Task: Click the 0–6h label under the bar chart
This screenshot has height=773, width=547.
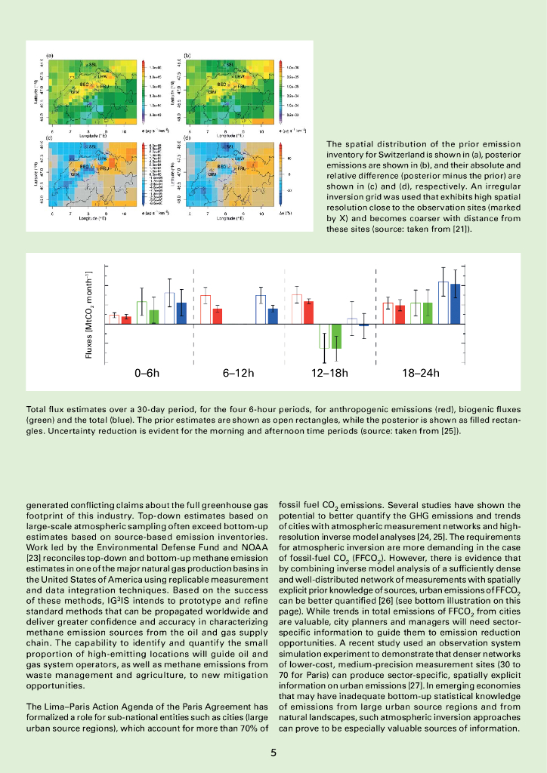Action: click(147, 373)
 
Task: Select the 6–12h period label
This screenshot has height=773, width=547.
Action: click(239, 373)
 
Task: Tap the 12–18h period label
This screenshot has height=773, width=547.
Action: click(329, 373)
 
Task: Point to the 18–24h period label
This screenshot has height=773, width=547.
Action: click(421, 373)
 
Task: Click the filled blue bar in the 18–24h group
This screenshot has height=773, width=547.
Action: click(456, 304)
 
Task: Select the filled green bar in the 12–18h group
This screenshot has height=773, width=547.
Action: click(337, 336)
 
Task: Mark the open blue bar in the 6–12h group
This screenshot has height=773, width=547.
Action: click(261, 310)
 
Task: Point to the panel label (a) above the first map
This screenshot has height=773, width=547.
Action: click(50, 56)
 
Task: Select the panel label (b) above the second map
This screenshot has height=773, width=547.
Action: click(187, 56)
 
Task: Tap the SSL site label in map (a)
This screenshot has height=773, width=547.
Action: click(92, 65)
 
